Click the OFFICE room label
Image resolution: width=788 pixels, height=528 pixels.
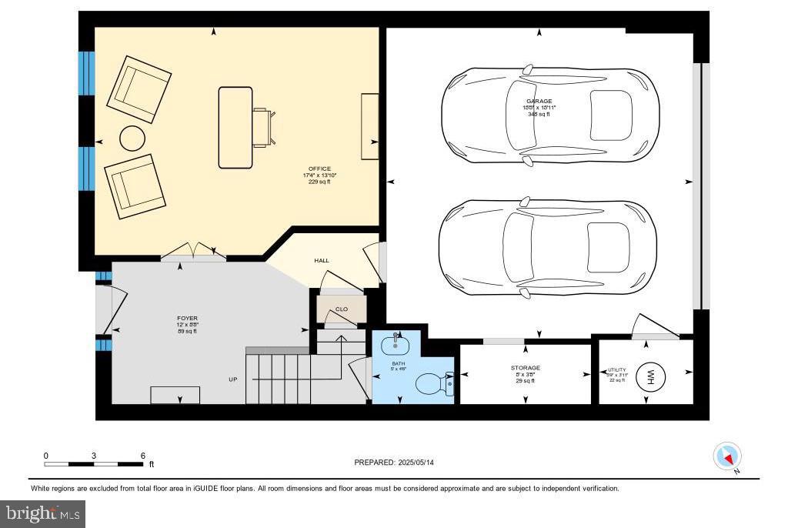click(x=319, y=169)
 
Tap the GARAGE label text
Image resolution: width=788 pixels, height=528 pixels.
click(x=539, y=101)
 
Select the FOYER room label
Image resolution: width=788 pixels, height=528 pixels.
click(x=187, y=318)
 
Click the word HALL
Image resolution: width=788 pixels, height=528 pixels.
click(x=322, y=261)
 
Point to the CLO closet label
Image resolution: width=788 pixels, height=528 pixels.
click(x=342, y=309)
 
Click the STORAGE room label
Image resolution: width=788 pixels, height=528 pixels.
click(x=525, y=368)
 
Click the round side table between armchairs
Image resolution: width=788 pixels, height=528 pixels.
click(x=132, y=139)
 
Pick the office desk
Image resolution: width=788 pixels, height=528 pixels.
click(x=235, y=127)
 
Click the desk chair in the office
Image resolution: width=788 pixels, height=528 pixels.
click(x=262, y=127)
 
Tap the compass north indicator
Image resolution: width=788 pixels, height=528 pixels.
click(x=727, y=456)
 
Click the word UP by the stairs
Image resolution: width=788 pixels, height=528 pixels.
click(x=232, y=379)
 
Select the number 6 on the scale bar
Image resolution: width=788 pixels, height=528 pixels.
click(x=142, y=456)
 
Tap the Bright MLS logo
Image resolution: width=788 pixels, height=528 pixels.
click(x=43, y=513)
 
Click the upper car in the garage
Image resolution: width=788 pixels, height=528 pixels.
click(x=549, y=115)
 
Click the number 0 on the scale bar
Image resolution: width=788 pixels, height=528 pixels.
click(x=45, y=456)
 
